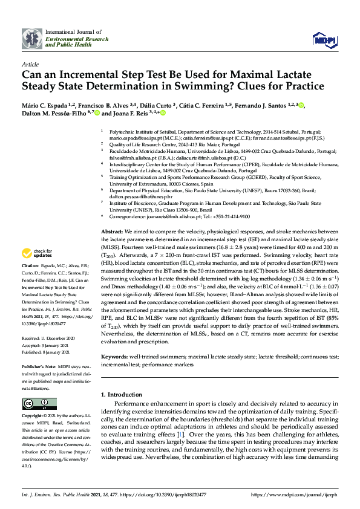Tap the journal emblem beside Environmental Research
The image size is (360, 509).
[32, 38]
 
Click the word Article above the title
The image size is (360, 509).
[30, 63]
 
